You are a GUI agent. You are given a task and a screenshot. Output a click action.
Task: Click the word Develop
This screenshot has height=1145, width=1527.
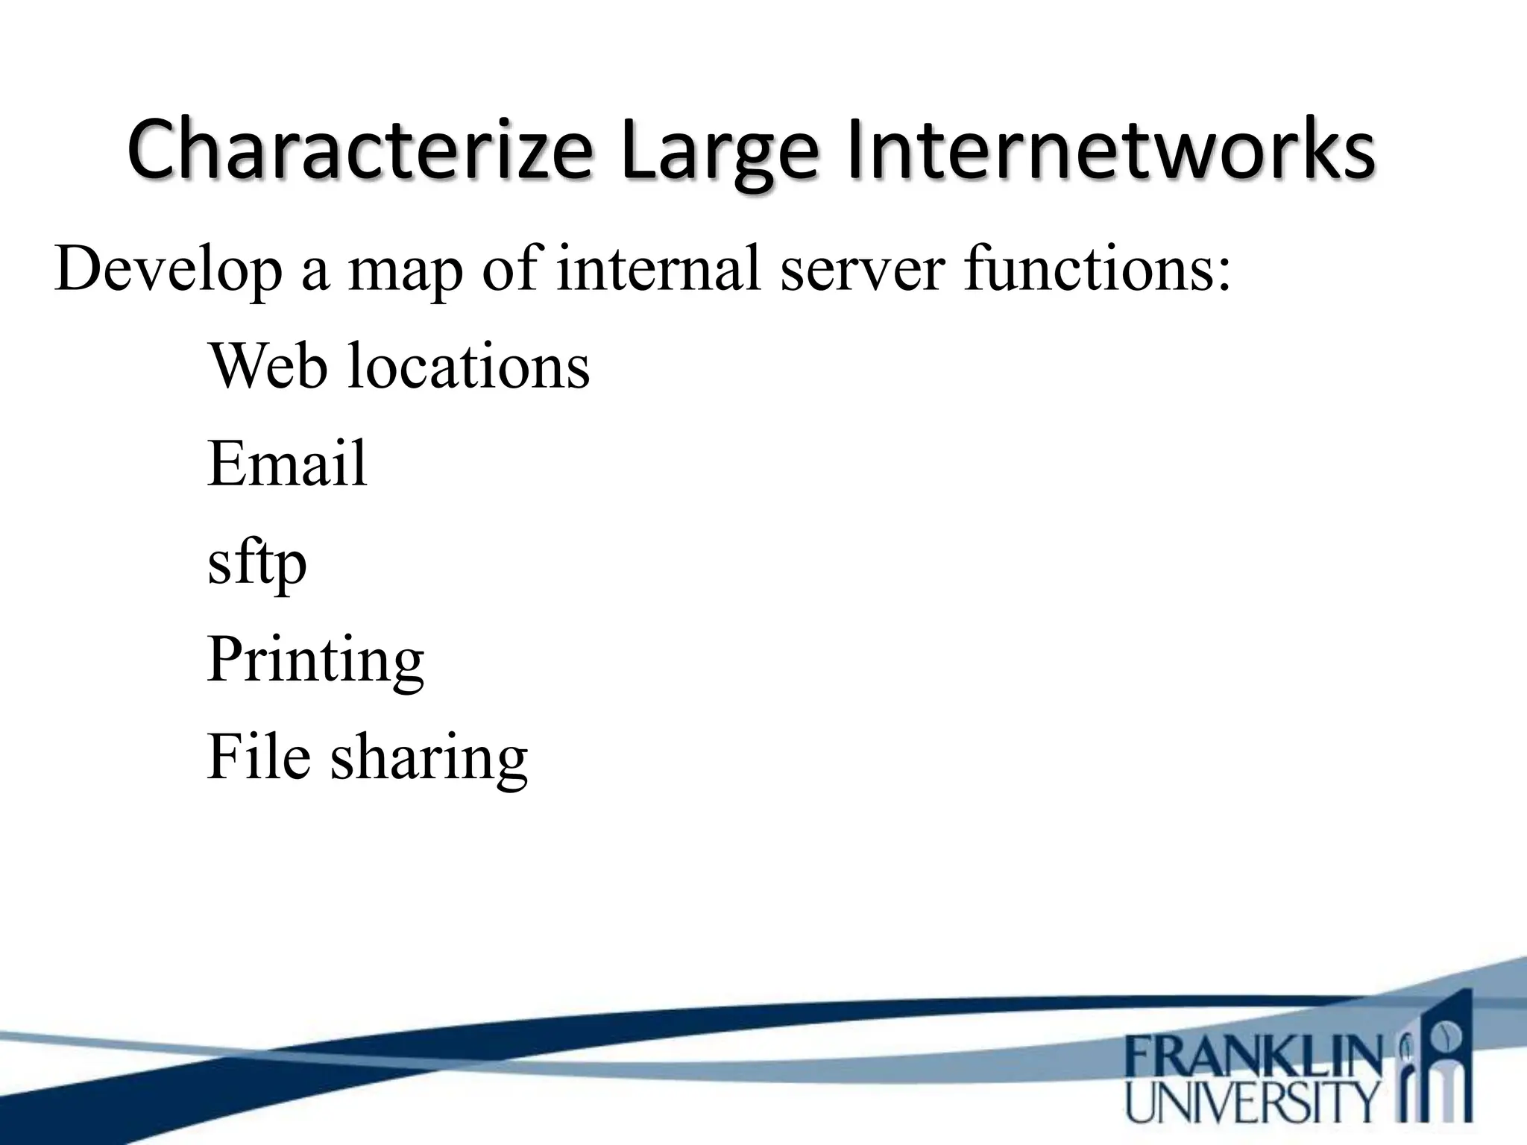(169, 270)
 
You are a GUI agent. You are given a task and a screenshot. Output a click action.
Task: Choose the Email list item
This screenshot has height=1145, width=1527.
(287, 463)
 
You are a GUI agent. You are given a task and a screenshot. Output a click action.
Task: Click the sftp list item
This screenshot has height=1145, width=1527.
(257, 564)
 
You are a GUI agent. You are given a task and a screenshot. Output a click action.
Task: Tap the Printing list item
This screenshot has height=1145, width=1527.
(315, 660)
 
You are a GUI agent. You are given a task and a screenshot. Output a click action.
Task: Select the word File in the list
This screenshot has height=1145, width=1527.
(258, 757)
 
